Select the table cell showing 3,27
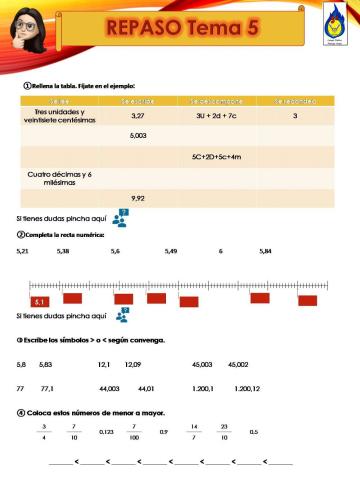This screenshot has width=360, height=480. (x=138, y=116)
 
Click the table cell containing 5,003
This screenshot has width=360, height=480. (x=138, y=135)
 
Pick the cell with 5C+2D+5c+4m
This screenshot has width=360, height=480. (x=216, y=156)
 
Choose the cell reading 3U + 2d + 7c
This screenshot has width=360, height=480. (x=216, y=116)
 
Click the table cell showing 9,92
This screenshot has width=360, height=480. (x=138, y=198)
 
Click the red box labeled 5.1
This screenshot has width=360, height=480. (x=40, y=300)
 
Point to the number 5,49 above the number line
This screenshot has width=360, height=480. (x=171, y=251)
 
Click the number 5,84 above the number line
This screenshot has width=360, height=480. (x=265, y=251)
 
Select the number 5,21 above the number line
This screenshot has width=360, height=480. (x=24, y=251)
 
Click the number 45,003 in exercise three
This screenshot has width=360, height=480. (x=202, y=364)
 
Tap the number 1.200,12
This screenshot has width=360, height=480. (x=246, y=388)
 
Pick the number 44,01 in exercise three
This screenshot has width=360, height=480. (x=146, y=388)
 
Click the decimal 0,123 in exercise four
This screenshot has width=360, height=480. (x=106, y=432)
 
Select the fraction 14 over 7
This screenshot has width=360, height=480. (x=194, y=432)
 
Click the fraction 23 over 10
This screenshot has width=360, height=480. (x=224, y=432)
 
